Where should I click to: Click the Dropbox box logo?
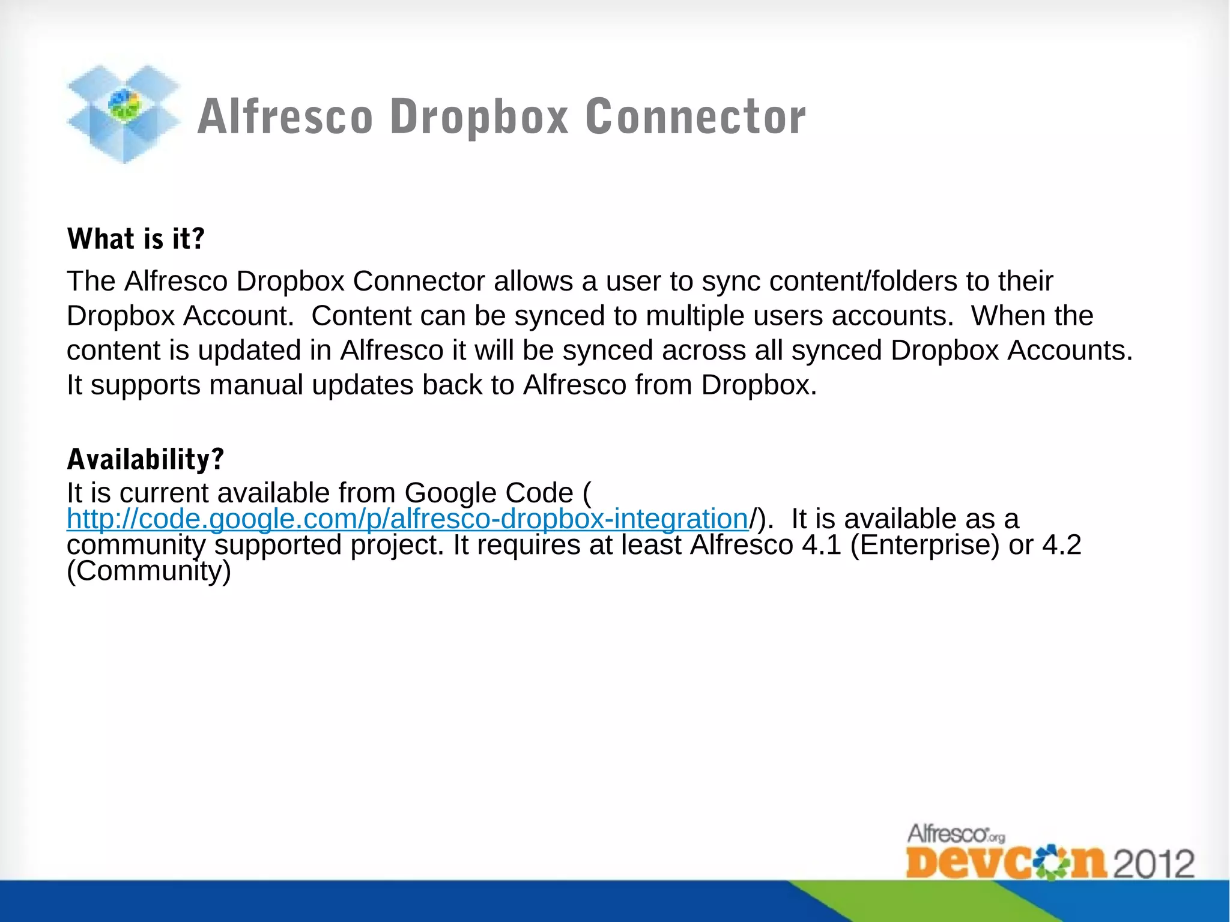click(123, 114)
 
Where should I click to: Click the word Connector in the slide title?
click(695, 116)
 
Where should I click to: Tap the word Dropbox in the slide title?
click(479, 116)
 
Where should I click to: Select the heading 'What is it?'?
click(136, 239)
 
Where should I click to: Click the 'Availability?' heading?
click(145, 459)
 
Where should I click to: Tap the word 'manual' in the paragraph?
click(256, 385)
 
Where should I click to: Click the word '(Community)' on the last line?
click(149, 571)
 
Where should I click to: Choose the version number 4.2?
click(1061, 545)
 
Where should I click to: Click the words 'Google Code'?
click(489, 493)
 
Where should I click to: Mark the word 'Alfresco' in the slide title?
click(285, 116)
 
